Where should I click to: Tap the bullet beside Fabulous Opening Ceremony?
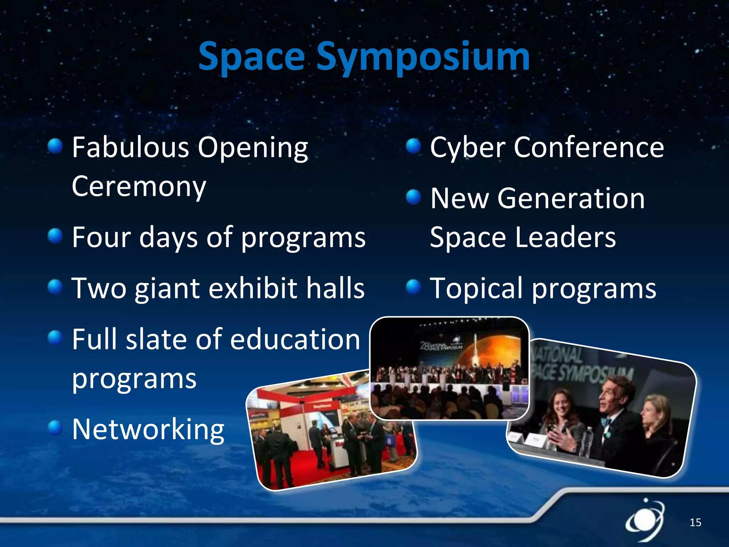click(55, 146)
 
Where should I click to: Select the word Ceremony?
click(139, 187)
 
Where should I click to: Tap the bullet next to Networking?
click(55, 428)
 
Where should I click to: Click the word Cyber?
click(468, 147)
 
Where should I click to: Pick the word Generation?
click(571, 198)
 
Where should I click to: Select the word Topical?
click(477, 288)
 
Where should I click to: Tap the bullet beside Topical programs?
click(413, 287)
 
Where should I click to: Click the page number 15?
click(695, 522)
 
